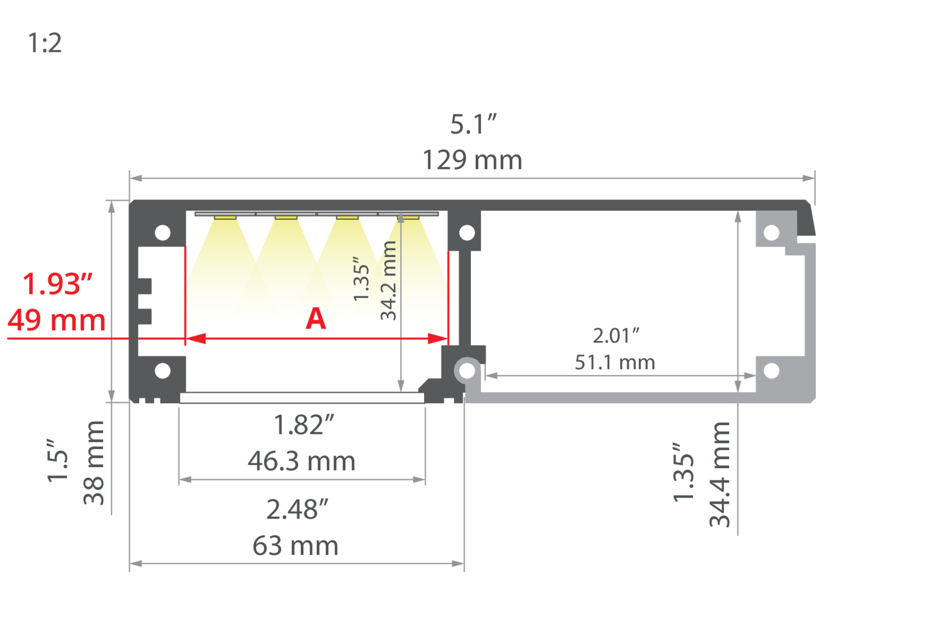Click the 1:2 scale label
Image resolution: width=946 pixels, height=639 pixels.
[45, 43]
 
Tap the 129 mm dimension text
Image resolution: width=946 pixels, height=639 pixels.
[472, 160]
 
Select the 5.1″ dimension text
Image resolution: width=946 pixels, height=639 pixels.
[473, 125]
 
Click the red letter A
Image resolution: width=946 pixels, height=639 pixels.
[316, 319]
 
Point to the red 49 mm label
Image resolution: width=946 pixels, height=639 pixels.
[56, 321]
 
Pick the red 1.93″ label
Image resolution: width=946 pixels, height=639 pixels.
[57, 284]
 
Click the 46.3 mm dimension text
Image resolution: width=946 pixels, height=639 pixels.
[301, 461]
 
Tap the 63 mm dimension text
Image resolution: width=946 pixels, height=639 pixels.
[295, 546]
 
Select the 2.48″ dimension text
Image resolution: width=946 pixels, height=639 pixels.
[297, 510]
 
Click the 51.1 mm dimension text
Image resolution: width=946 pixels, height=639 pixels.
[615, 363]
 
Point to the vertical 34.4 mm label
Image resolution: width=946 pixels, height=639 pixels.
[719, 474]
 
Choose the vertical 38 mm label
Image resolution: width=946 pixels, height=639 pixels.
[94, 462]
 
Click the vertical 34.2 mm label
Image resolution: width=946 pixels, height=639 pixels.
[389, 280]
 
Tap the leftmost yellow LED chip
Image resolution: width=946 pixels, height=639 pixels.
[225, 218]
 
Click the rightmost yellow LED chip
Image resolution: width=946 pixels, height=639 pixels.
[408, 218]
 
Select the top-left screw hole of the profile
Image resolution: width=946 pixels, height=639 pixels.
[162, 233]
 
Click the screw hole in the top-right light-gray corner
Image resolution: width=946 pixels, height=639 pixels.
[771, 233]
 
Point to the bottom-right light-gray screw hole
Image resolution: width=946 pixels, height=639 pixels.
[771, 371]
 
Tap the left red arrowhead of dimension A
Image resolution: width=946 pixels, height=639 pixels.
[196, 339]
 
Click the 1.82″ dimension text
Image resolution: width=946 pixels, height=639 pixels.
[303, 425]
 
